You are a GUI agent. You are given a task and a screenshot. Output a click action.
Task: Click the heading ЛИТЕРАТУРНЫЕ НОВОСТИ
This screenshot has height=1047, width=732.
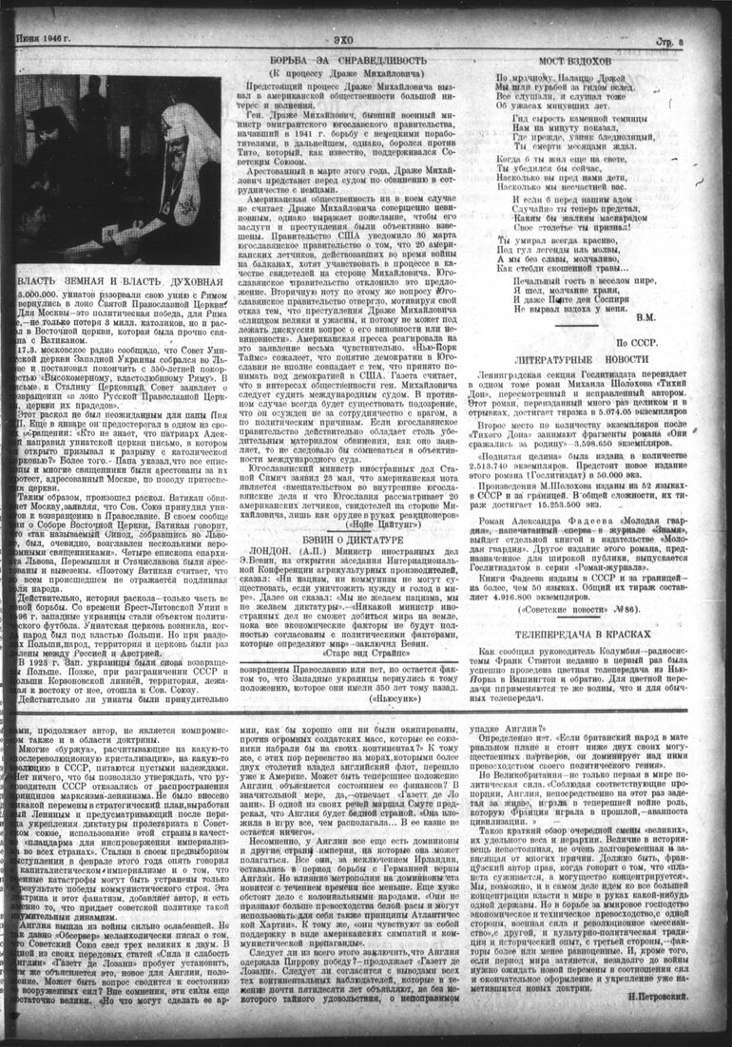[x=580, y=362]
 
